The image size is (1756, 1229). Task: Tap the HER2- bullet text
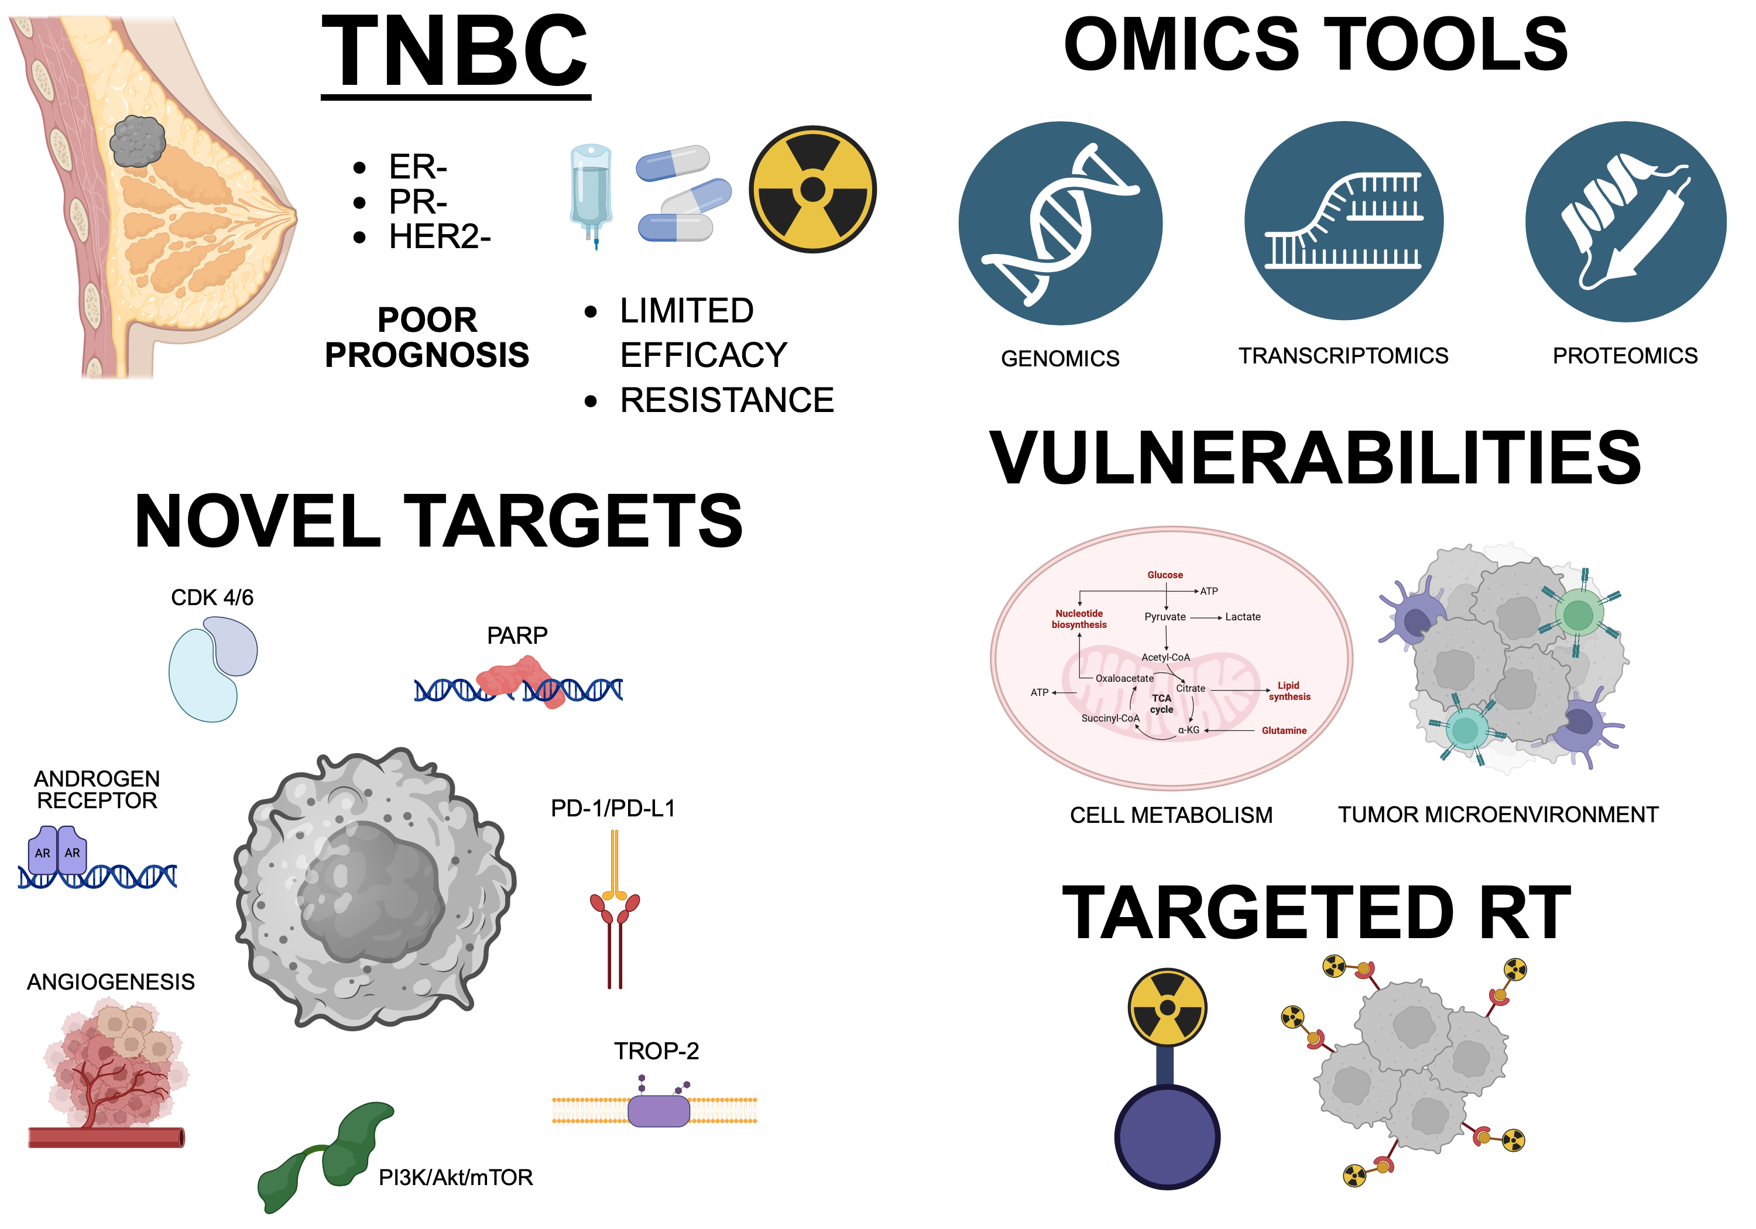click(439, 237)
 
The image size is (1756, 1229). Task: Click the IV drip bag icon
click(591, 194)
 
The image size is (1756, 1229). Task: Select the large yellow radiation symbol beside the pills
click(812, 189)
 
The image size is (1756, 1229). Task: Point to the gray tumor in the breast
click(137, 142)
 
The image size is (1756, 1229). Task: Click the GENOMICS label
click(1060, 358)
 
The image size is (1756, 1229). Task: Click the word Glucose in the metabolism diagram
click(1165, 575)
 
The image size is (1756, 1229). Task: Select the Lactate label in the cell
click(1243, 617)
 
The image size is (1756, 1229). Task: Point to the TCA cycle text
click(1162, 703)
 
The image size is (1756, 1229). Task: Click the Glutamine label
click(1284, 730)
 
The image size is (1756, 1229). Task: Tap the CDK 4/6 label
click(212, 598)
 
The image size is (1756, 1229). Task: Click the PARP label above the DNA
click(517, 636)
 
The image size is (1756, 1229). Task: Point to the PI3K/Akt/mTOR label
click(456, 1177)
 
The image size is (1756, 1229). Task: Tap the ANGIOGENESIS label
click(111, 982)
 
